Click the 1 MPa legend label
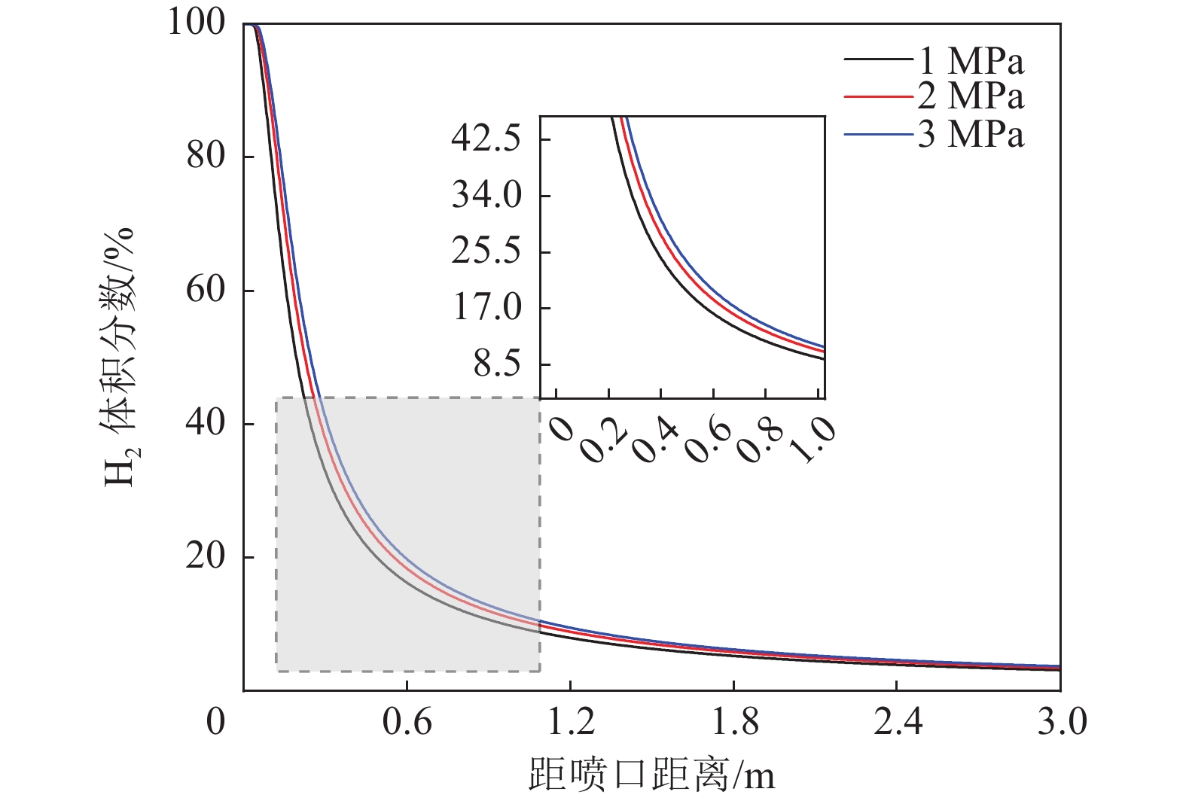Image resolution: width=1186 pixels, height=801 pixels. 971,61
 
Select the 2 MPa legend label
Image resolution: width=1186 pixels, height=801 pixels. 971,96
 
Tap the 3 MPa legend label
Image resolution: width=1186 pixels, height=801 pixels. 971,135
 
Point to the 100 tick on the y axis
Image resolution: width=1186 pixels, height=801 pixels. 196,23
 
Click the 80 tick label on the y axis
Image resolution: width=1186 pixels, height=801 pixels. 206,157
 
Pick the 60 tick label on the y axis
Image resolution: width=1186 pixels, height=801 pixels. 206,290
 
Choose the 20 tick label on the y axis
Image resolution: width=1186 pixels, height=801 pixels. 206,557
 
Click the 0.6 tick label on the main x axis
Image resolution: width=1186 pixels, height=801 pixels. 407,723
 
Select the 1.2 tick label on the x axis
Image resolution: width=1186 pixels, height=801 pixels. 570,723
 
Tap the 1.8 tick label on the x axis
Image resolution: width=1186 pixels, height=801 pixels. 734,723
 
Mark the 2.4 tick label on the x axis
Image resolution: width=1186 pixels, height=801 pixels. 897,723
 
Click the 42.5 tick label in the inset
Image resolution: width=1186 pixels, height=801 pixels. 486,139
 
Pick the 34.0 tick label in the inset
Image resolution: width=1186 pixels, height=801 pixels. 486,196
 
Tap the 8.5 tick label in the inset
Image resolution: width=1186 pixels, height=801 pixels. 497,364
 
